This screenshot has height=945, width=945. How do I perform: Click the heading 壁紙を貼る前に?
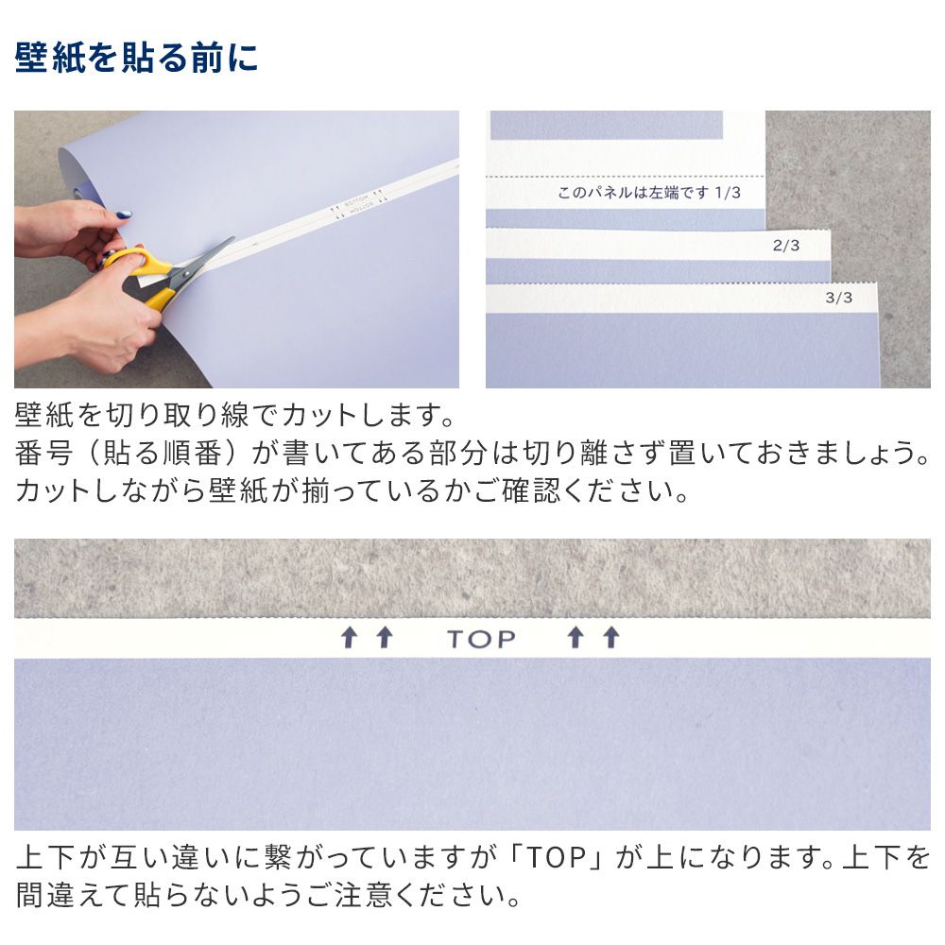pyautogui.click(x=136, y=59)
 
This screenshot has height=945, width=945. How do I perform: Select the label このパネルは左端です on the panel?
pyautogui.click(x=634, y=193)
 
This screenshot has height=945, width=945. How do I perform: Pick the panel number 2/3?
pyautogui.click(x=786, y=246)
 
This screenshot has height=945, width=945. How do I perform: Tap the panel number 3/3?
pyautogui.click(x=838, y=298)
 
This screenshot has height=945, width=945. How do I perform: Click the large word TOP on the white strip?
pyautogui.click(x=481, y=639)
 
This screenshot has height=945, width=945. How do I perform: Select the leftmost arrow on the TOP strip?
pyautogui.click(x=349, y=638)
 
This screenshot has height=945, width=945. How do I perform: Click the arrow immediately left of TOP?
pyautogui.click(x=384, y=638)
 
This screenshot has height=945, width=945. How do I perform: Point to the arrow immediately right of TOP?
pyautogui.click(x=575, y=638)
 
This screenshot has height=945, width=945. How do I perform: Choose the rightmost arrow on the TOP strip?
pyautogui.click(x=610, y=638)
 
